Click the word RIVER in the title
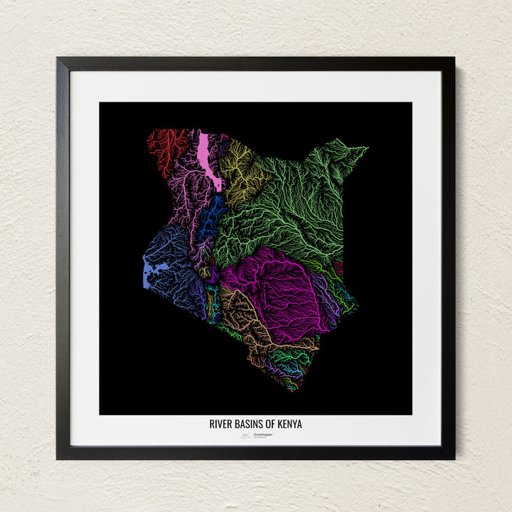pyautogui.click(x=220, y=425)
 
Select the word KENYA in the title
pyautogui.click(x=290, y=425)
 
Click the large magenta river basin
pyautogui.click(x=277, y=284)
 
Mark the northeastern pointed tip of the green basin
pyautogui.click(x=367, y=148)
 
